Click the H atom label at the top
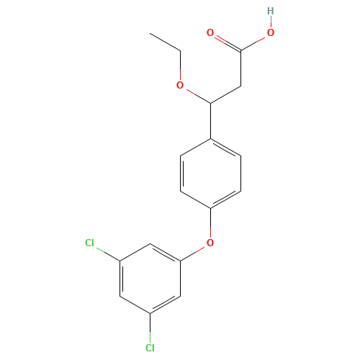coord(271,11)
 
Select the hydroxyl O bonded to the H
coord(271,32)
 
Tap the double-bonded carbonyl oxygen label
coord(210,32)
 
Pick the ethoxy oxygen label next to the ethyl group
coord(180,85)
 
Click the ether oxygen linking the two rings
coord(210,243)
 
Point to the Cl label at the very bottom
coord(150,348)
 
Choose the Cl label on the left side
coord(89,243)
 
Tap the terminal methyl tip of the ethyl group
coord(150,33)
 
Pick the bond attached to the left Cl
coord(107,253)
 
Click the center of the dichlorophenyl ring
coord(150,279)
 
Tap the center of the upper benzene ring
coord(210,174)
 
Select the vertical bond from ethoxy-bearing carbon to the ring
coord(210,121)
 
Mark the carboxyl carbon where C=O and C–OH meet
coord(240,50)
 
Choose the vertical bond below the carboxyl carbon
coord(240,68)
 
